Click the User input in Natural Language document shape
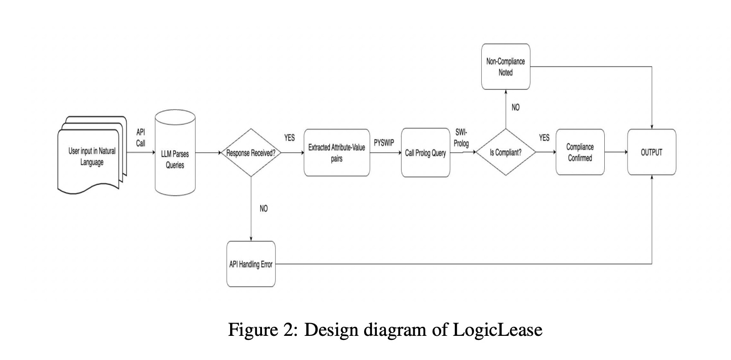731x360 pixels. click(x=92, y=156)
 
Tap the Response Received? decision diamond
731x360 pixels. click(x=251, y=153)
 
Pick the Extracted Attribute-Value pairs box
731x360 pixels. click(x=337, y=153)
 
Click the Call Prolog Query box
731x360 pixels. click(x=425, y=153)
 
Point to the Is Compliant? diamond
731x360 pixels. click(x=505, y=153)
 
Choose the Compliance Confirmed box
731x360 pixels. click(x=580, y=152)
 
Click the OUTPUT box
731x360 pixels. click(x=651, y=152)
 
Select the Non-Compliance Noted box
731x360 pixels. click(x=505, y=67)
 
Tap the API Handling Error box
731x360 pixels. click(x=251, y=264)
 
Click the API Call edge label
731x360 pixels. click(x=141, y=137)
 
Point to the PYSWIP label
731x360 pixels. click(x=384, y=143)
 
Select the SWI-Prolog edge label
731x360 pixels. click(x=461, y=138)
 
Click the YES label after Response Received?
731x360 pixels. click(x=289, y=138)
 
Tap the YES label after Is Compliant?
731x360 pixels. click(x=544, y=138)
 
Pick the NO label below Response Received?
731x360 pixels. click(x=263, y=208)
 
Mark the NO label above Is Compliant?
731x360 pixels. click(x=515, y=108)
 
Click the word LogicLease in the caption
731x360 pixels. click(x=498, y=329)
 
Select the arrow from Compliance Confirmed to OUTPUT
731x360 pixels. click(x=616, y=152)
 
